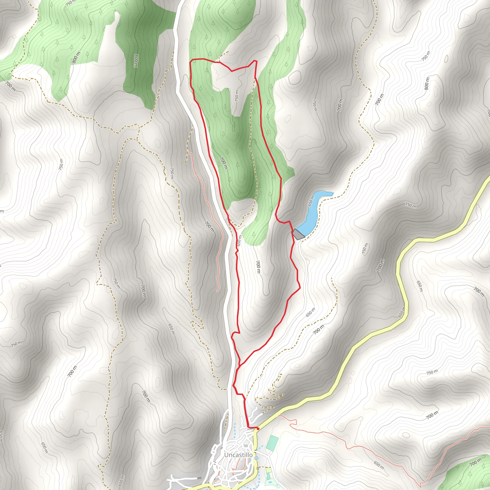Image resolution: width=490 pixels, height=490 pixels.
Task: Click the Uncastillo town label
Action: pos(238,455)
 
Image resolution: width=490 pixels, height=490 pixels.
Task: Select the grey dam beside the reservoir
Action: pos(298,234)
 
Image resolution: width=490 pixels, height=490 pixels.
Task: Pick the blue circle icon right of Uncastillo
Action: pos(257,458)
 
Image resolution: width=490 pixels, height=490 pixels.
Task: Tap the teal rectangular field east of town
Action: pos(272,443)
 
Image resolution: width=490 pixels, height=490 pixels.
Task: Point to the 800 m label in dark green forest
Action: pos(136,61)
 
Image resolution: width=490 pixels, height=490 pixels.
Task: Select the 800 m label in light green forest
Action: pos(76,57)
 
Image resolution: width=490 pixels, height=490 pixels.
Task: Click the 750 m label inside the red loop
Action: pos(237,96)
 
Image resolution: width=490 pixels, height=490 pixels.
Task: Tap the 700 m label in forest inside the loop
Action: pos(223,163)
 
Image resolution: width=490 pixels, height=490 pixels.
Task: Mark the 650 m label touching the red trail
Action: pos(239,240)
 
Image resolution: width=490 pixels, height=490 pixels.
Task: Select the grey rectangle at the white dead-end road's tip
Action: pos(200,478)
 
